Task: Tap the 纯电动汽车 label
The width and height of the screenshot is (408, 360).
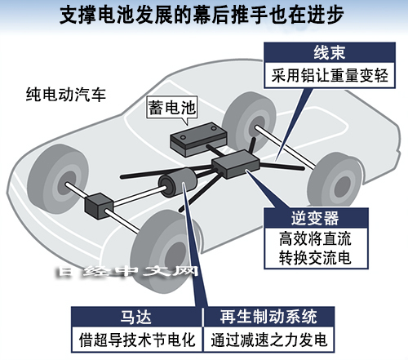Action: (66, 95)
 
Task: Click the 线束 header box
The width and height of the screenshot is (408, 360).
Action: (330, 52)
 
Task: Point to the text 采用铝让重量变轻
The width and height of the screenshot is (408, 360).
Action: (330, 75)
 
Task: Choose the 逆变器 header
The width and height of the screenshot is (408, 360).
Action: (315, 218)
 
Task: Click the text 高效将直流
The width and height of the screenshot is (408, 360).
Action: (315, 238)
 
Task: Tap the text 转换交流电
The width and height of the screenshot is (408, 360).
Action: (315, 257)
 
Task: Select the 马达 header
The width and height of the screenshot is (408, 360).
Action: (136, 317)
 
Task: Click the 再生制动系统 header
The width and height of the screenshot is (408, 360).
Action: (268, 317)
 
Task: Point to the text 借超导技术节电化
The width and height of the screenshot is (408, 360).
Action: (137, 340)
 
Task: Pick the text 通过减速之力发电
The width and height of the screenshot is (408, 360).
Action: (268, 340)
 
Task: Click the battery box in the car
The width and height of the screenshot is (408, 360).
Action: (198, 140)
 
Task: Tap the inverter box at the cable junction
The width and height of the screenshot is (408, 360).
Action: (236, 164)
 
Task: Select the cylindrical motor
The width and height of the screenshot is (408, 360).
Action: (178, 183)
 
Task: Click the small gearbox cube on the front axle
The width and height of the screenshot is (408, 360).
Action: (99, 206)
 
